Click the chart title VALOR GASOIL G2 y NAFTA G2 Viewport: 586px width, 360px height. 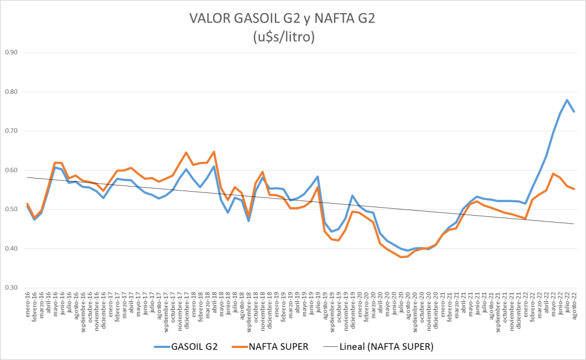(x=283, y=18)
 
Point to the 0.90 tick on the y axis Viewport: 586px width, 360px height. (x=11, y=53)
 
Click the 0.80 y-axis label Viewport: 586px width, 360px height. (x=11, y=92)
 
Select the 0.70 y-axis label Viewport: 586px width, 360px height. (x=11, y=131)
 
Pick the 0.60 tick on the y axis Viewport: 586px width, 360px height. (x=11, y=171)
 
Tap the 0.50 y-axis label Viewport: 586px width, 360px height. (x=11, y=209)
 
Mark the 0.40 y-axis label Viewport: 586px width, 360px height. (x=11, y=249)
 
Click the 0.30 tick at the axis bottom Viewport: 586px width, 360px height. (x=11, y=288)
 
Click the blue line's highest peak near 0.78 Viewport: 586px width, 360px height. (x=567, y=100)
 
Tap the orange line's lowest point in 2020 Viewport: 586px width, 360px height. (x=401, y=258)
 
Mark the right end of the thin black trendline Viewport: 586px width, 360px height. (x=574, y=224)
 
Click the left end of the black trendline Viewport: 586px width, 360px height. (x=27, y=177)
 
